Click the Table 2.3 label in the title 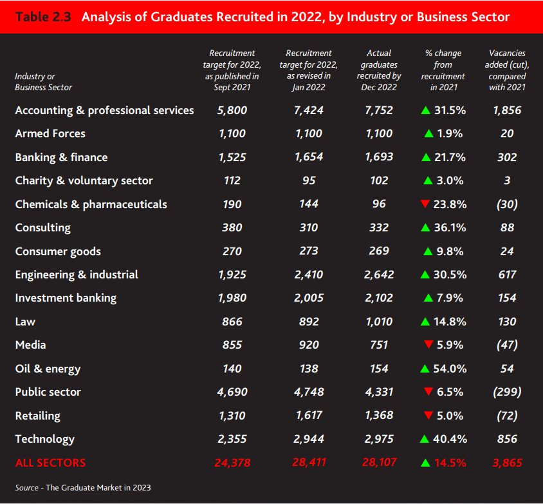44,17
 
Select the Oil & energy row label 48,369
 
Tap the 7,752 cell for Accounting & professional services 378,110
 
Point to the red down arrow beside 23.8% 425,204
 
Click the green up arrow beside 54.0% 425,369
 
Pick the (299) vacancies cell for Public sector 506,392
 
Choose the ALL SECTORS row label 50,463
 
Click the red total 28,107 378,463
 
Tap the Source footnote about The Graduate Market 83,487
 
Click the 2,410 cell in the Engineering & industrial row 308,275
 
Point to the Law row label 25,322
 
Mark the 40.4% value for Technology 450,439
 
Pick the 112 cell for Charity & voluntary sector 232,180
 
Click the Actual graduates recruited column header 378,70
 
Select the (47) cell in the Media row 506,345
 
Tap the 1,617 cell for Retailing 308,416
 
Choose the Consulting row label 43,228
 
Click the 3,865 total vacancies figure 506,463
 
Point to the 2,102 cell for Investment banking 378,298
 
